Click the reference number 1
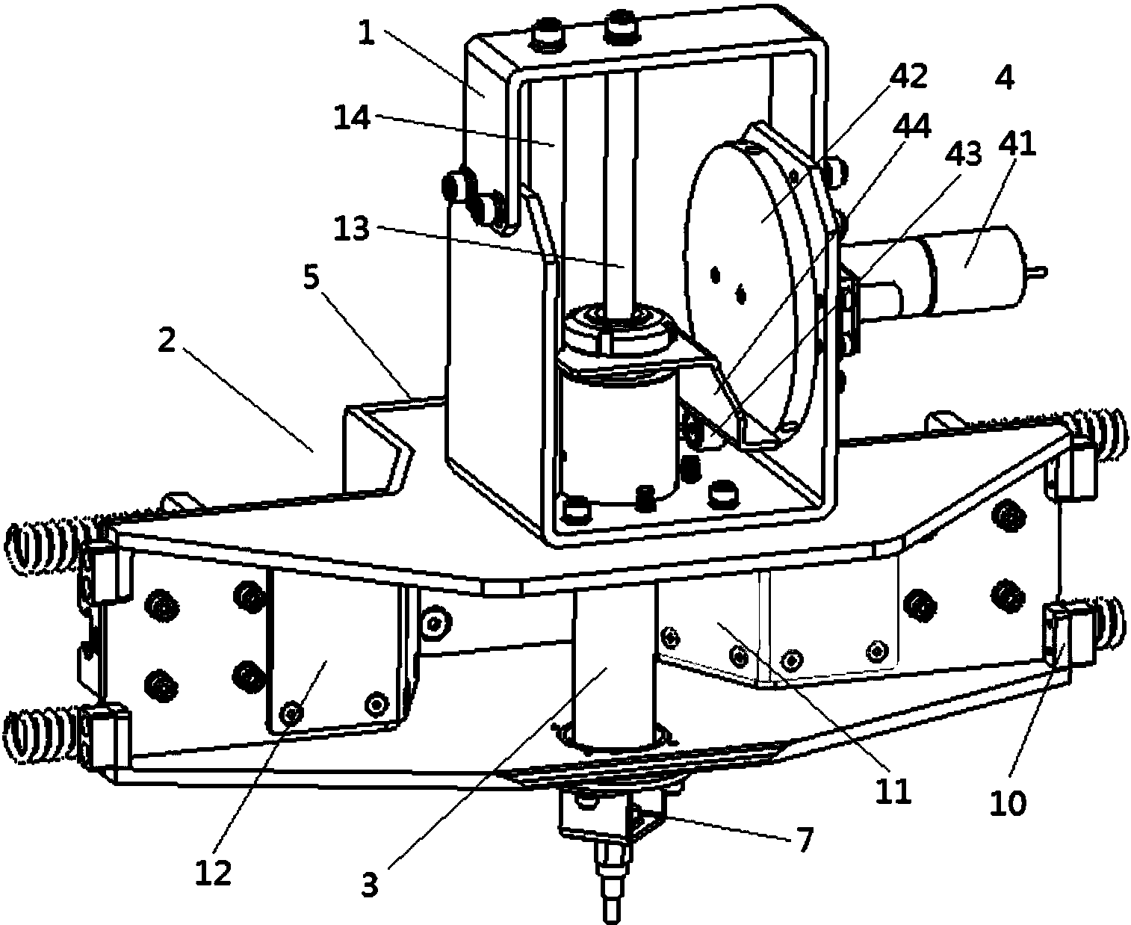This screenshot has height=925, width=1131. (x=365, y=34)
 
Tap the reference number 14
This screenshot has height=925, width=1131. (x=352, y=117)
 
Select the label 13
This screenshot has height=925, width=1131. (x=351, y=229)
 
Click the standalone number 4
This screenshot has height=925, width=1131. (x=1005, y=78)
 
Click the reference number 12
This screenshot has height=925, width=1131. (x=214, y=873)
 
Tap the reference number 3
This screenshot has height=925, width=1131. (x=370, y=885)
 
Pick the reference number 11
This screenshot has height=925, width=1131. (x=894, y=791)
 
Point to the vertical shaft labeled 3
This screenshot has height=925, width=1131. (x=613, y=665)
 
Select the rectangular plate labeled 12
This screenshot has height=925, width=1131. (x=329, y=658)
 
